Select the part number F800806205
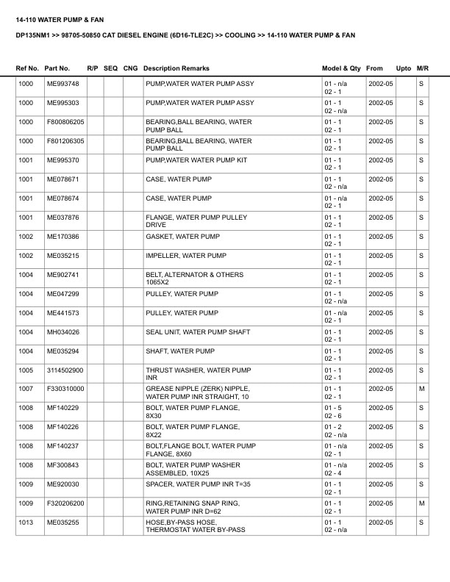click(x=65, y=122)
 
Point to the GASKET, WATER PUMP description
click(x=182, y=237)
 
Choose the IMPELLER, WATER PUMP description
click(x=185, y=256)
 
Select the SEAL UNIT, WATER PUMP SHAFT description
click(x=198, y=332)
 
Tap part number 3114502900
click(x=65, y=370)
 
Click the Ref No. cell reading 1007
click(x=26, y=389)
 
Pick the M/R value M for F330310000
click(x=421, y=389)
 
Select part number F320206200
click(x=65, y=503)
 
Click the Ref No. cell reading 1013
click(x=26, y=522)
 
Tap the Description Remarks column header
click(x=176, y=68)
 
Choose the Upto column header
click(x=404, y=68)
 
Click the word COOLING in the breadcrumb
click(x=240, y=35)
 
